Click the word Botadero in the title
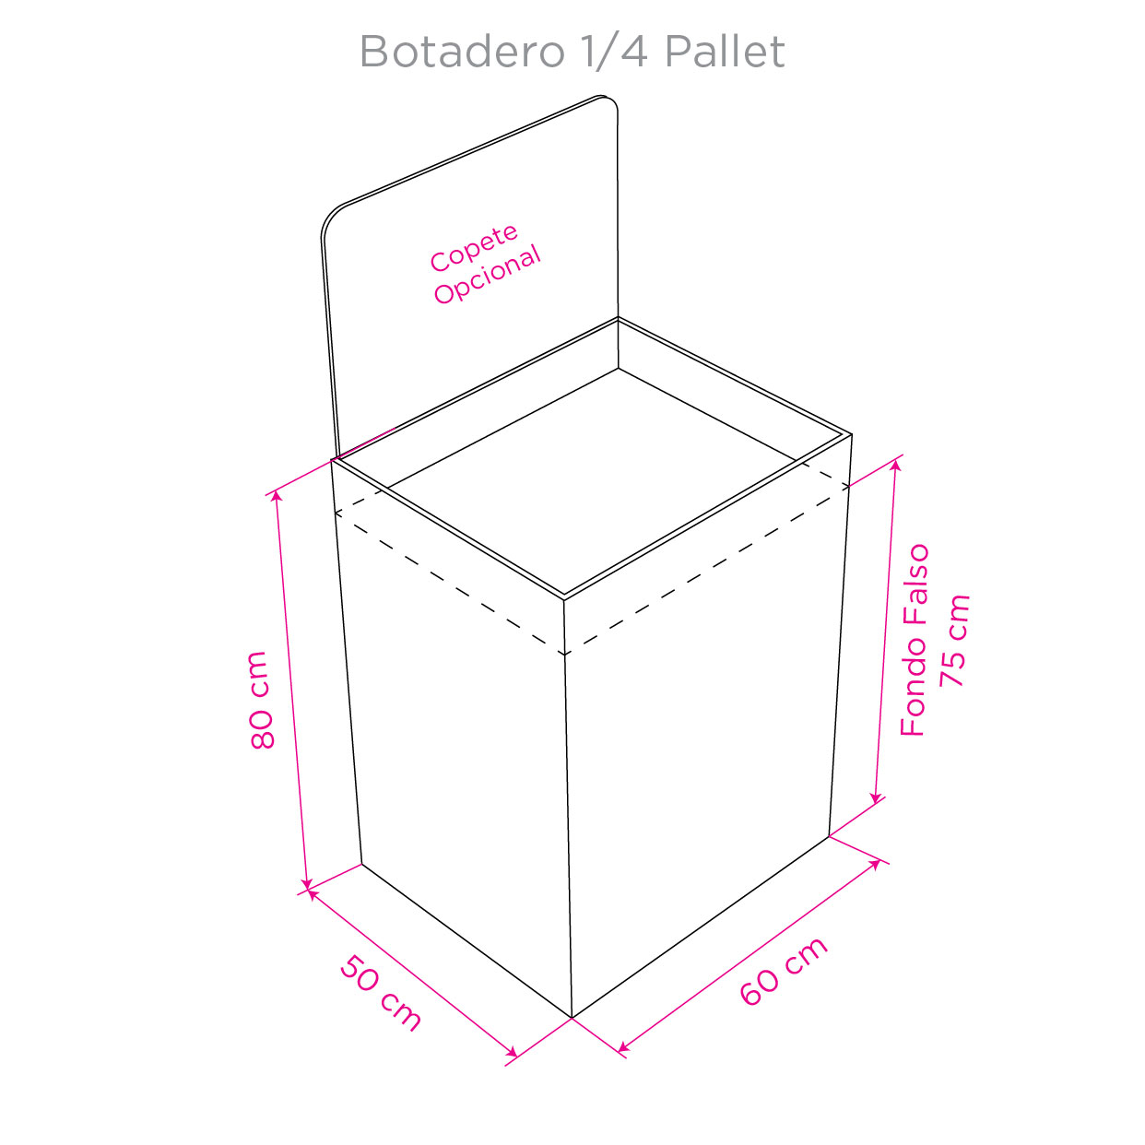point(462,52)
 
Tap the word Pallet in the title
point(725,52)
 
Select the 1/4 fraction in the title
point(614,52)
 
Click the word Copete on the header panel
point(474,248)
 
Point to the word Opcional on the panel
point(488,275)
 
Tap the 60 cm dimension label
point(783,979)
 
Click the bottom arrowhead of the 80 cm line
point(307,885)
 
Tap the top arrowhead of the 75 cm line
point(897,464)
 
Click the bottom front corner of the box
point(572,1018)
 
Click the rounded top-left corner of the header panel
point(330,217)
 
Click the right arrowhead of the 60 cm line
point(876,864)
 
